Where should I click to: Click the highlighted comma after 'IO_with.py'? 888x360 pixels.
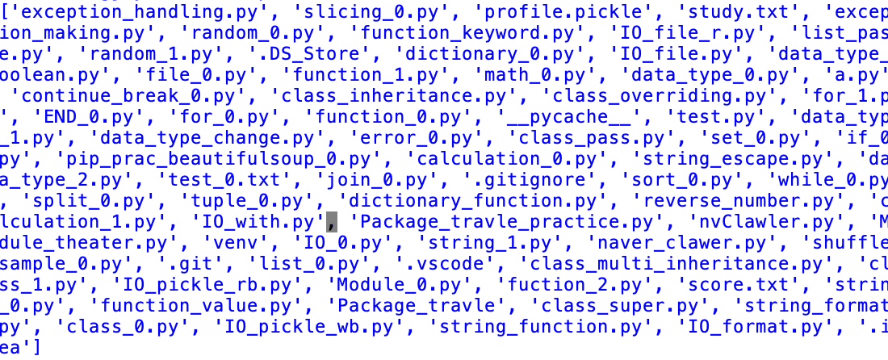(x=331, y=222)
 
